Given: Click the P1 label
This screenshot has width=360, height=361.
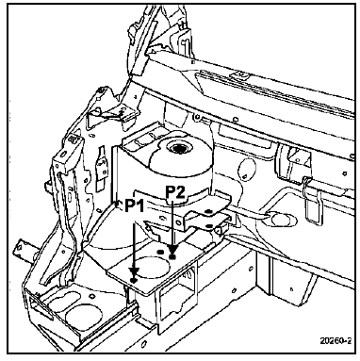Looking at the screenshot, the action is tap(135, 207).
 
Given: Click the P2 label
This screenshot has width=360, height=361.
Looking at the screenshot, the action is tap(175, 192).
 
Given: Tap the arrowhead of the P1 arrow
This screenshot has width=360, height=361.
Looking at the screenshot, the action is tap(135, 271).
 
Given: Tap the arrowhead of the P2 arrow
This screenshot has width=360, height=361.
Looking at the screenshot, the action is tap(172, 251).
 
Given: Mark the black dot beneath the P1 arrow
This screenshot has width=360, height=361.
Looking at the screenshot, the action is tap(134, 280).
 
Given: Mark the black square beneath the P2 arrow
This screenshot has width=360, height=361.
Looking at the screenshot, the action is tap(172, 257).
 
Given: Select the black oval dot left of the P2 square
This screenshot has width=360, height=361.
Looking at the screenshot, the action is tap(161, 252).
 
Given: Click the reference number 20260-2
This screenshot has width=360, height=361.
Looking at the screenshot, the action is tap(335, 340).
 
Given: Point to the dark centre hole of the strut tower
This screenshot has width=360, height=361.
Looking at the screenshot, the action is tap(178, 148).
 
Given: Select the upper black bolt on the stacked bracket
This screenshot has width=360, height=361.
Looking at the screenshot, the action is tap(207, 211).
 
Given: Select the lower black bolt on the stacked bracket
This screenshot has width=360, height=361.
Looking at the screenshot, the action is tap(209, 225).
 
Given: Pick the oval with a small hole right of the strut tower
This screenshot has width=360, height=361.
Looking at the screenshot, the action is tap(246, 169).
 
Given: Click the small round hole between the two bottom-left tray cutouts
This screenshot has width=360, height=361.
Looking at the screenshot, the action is tap(91, 296).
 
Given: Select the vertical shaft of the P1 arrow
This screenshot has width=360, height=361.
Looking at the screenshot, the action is tap(135, 244).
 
